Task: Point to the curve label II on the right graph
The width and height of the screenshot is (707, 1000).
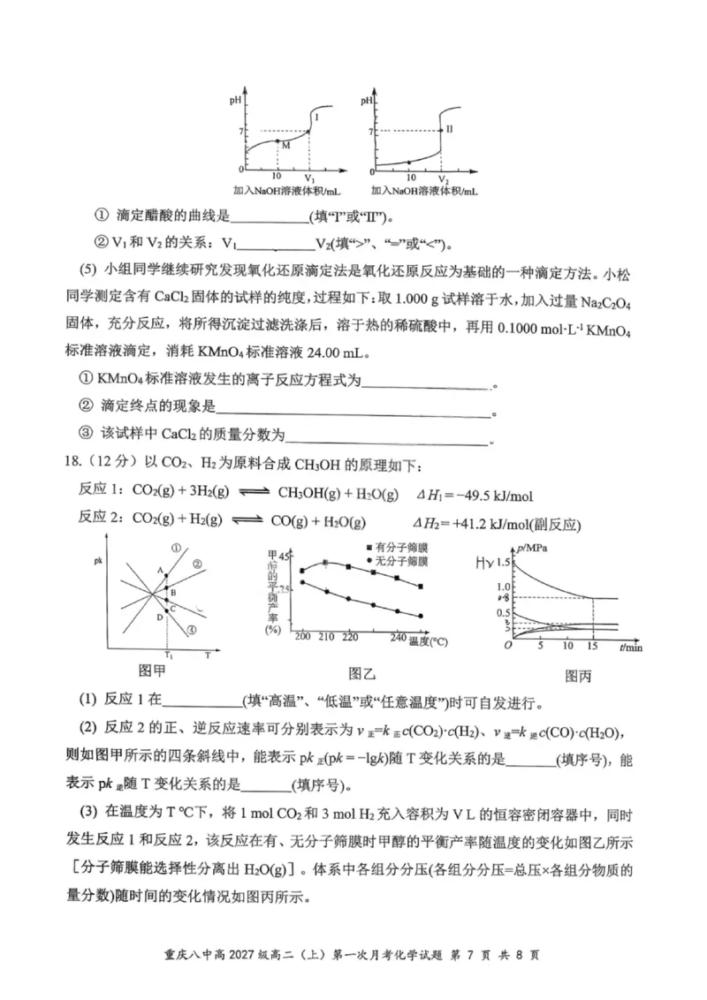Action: click(x=449, y=129)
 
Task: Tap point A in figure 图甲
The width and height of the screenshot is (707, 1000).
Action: click(x=160, y=572)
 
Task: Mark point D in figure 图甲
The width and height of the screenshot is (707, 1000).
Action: click(x=159, y=617)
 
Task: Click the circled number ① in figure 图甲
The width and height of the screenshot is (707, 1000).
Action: click(x=177, y=548)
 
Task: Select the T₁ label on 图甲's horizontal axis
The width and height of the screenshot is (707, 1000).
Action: click(x=167, y=655)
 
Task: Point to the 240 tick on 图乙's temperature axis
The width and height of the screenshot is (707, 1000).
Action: click(x=397, y=637)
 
